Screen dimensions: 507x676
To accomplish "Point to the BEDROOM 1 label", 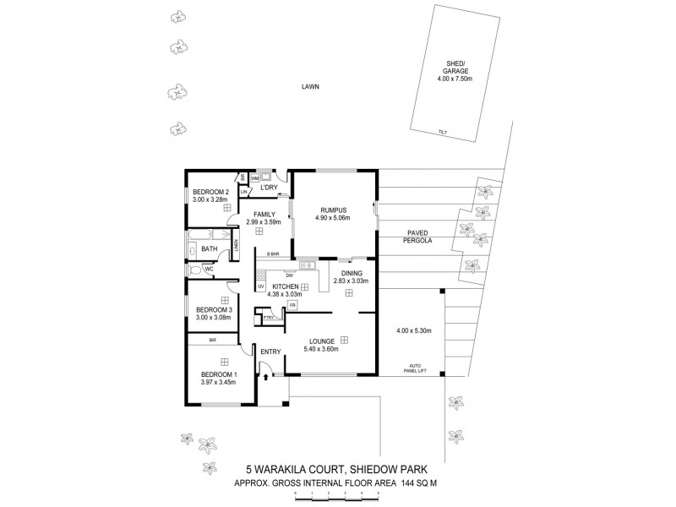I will tap(217, 373).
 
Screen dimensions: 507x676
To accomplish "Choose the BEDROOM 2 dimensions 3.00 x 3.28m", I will tap(210, 199).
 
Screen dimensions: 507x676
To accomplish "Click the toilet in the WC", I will tap(196, 270).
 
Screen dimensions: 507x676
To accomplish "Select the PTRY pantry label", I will tap(269, 318).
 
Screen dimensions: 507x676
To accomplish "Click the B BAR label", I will tap(273, 254).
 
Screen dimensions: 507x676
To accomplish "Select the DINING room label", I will tap(352, 274).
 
